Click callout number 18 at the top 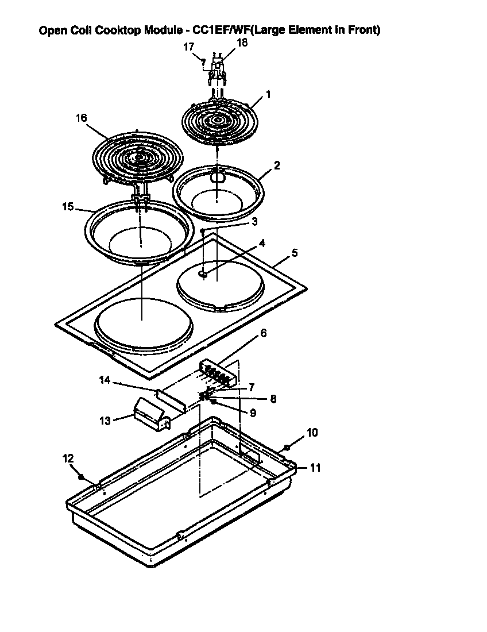(x=242, y=43)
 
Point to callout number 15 (x=68, y=206)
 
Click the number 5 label (x=295, y=252)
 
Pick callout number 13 (x=105, y=420)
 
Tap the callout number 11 (x=315, y=468)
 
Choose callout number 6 (x=264, y=333)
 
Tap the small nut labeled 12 (x=82, y=476)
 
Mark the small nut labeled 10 (x=287, y=447)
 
